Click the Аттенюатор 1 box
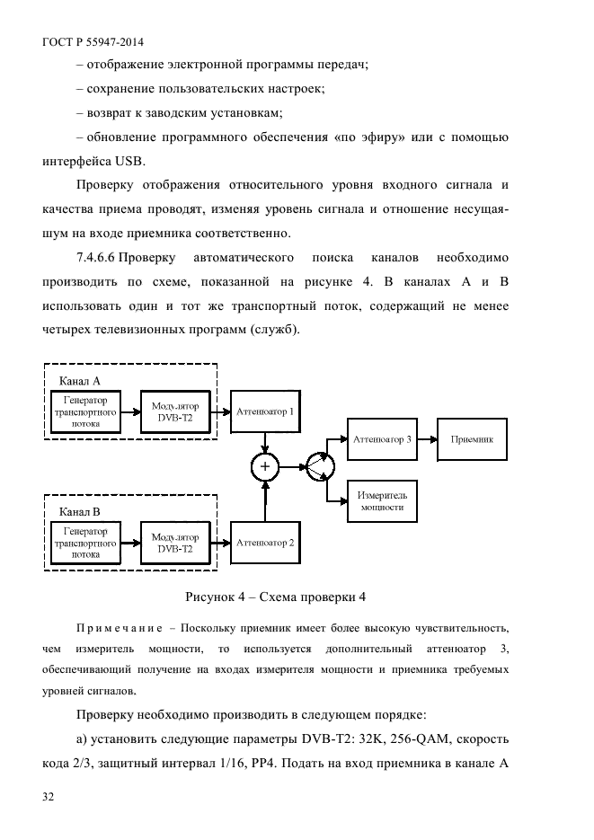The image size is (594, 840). pos(264,411)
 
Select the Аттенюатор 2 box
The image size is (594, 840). pos(264,544)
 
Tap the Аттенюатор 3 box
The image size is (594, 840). pos(383,440)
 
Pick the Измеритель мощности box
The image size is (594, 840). pos(383,500)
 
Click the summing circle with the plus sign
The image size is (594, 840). pos(264,466)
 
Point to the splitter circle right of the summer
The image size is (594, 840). pos(319,466)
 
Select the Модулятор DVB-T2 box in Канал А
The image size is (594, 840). pos(175,411)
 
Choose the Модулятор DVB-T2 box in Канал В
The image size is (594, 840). pos(175,544)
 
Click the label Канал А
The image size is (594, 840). pos(79,381)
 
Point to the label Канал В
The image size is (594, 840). pos(79,513)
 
